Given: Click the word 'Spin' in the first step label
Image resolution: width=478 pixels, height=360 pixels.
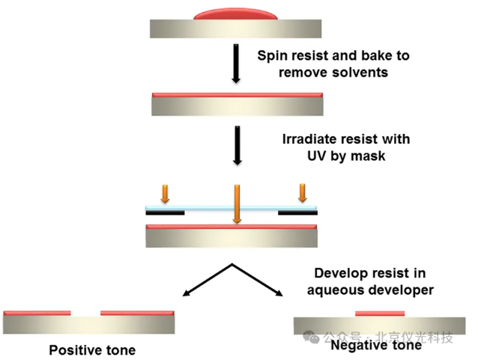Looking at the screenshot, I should click(271, 56).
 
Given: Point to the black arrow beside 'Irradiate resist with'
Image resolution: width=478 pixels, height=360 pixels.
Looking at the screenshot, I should click(237, 144).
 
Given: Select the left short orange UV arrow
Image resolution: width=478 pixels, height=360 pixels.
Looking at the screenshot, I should click(165, 193).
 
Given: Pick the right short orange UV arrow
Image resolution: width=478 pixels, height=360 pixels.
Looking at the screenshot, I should click(303, 192).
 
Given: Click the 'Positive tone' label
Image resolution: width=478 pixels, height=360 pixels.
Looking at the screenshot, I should click(92, 350).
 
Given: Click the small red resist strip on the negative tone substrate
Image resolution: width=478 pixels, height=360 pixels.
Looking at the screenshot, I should click(379, 314).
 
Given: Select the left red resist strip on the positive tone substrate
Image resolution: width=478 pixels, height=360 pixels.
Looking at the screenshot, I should click(37, 313).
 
